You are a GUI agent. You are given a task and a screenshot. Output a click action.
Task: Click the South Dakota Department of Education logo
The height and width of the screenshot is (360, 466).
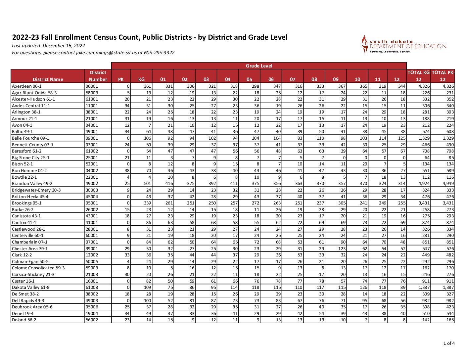tap(404, 45)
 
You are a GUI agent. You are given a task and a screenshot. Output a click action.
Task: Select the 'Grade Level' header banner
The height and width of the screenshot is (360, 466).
tap(259, 66)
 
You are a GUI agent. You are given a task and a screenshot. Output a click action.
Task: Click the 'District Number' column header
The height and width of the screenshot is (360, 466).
tap(98, 76)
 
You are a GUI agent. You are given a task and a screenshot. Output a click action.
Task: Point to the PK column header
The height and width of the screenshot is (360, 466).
tap(121, 79)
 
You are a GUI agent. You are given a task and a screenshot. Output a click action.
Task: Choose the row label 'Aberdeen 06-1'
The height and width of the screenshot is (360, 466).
tap(27, 86)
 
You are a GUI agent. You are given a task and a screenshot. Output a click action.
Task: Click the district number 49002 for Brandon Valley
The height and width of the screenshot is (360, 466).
tap(92, 184)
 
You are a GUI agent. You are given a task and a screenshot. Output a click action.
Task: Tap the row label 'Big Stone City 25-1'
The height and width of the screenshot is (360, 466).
tap(30, 158)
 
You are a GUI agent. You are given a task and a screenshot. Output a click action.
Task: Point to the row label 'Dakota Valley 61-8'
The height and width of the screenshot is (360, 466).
tap(30, 288)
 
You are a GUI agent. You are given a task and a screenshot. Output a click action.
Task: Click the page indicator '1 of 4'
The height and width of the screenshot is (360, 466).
tap(449, 343)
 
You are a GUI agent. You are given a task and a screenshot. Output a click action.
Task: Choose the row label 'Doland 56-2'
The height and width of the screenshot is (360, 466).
tap(24, 320)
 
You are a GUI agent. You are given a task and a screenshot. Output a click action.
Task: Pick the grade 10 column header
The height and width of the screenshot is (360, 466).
tap(357, 79)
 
